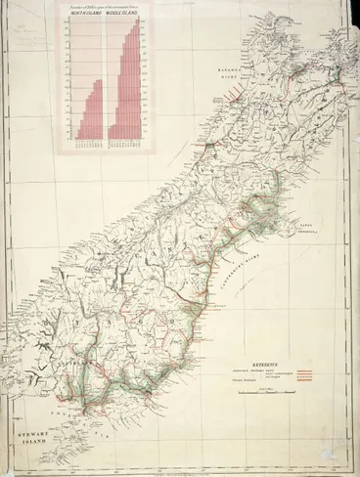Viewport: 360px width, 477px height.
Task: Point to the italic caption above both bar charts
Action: (x=102, y=8)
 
